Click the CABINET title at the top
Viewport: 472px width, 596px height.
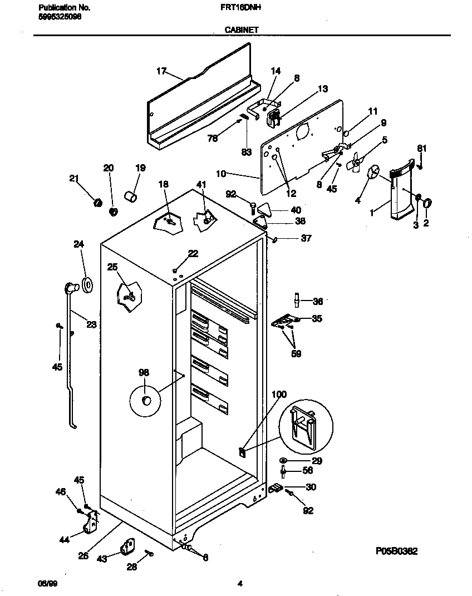(x=241, y=30)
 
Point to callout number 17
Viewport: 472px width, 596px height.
(x=161, y=71)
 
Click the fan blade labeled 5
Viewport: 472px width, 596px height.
(x=353, y=162)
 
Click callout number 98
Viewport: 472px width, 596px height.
(x=144, y=373)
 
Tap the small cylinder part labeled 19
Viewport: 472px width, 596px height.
(x=131, y=196)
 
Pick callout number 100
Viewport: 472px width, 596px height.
(x=279, y=395)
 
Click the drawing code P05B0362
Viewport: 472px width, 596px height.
(x=396, y=551)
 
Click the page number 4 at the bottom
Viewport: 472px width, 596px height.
(x=240, y=584)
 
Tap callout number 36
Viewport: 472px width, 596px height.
(x=317, y=302)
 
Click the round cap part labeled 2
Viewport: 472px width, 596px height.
(x=427, y=204)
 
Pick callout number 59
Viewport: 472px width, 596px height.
(x=296, y=353)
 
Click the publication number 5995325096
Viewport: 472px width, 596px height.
(x=60, y=17)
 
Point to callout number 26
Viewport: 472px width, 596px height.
(x=83, y=555)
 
